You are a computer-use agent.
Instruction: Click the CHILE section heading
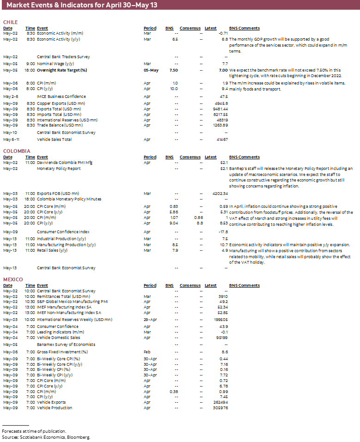click(x=10, y=22)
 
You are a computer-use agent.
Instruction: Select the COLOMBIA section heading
click(x=17, y=151)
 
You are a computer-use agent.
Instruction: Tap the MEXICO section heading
click(x=13, y=279)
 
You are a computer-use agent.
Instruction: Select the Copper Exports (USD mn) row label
click(x=61, y=103)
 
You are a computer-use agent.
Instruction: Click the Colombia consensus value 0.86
click(x=198, y=217)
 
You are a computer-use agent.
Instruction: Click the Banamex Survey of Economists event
click(x=66, y=345)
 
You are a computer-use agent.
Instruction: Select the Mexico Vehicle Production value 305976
click(x=220, y=408)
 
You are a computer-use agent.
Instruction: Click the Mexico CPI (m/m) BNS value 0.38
click(x=173, y=391)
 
